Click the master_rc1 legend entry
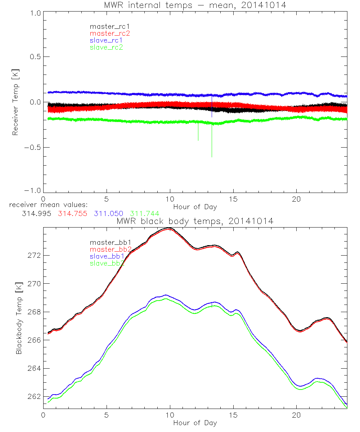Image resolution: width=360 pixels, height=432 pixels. [x=106, y=26]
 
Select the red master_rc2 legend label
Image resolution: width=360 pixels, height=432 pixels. [x=110, y=33]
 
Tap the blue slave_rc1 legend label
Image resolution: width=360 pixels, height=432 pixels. [x=106, y=40]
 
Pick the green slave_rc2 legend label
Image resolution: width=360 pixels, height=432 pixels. [x=106, y=47]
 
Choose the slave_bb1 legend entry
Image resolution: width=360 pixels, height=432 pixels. [x=107, y=256]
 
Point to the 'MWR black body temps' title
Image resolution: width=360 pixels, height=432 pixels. [x=195, y=221]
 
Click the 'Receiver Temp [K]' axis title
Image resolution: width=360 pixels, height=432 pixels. [x=15, y=102]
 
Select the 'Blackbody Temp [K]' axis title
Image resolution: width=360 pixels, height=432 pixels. [x=19, y=312]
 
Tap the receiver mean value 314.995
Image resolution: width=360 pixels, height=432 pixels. [x=36, y=213]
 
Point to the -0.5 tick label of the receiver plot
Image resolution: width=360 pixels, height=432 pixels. [x=32, y=147]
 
